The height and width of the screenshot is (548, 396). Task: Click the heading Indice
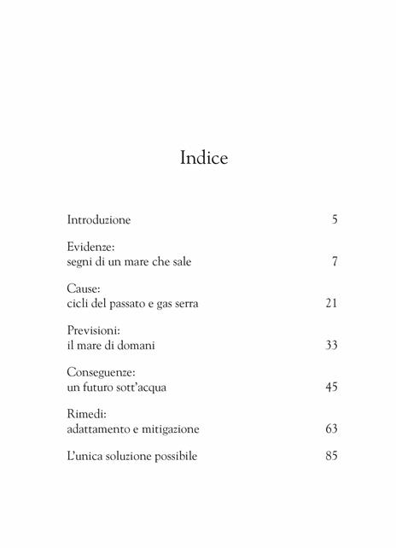point(204,158)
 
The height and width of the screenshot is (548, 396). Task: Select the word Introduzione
point(99,220)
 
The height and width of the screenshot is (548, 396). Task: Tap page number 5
point(335,220)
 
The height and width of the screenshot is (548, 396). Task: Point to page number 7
point(335,262)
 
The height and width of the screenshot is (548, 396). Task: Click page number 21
point(332,303)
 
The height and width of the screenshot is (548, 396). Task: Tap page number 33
point(332,345)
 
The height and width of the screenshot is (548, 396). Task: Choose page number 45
point(332,387)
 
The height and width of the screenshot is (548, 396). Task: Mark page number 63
point(332,428)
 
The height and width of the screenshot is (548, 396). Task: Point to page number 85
point(332,456)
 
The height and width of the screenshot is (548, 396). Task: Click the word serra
point(183,303)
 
